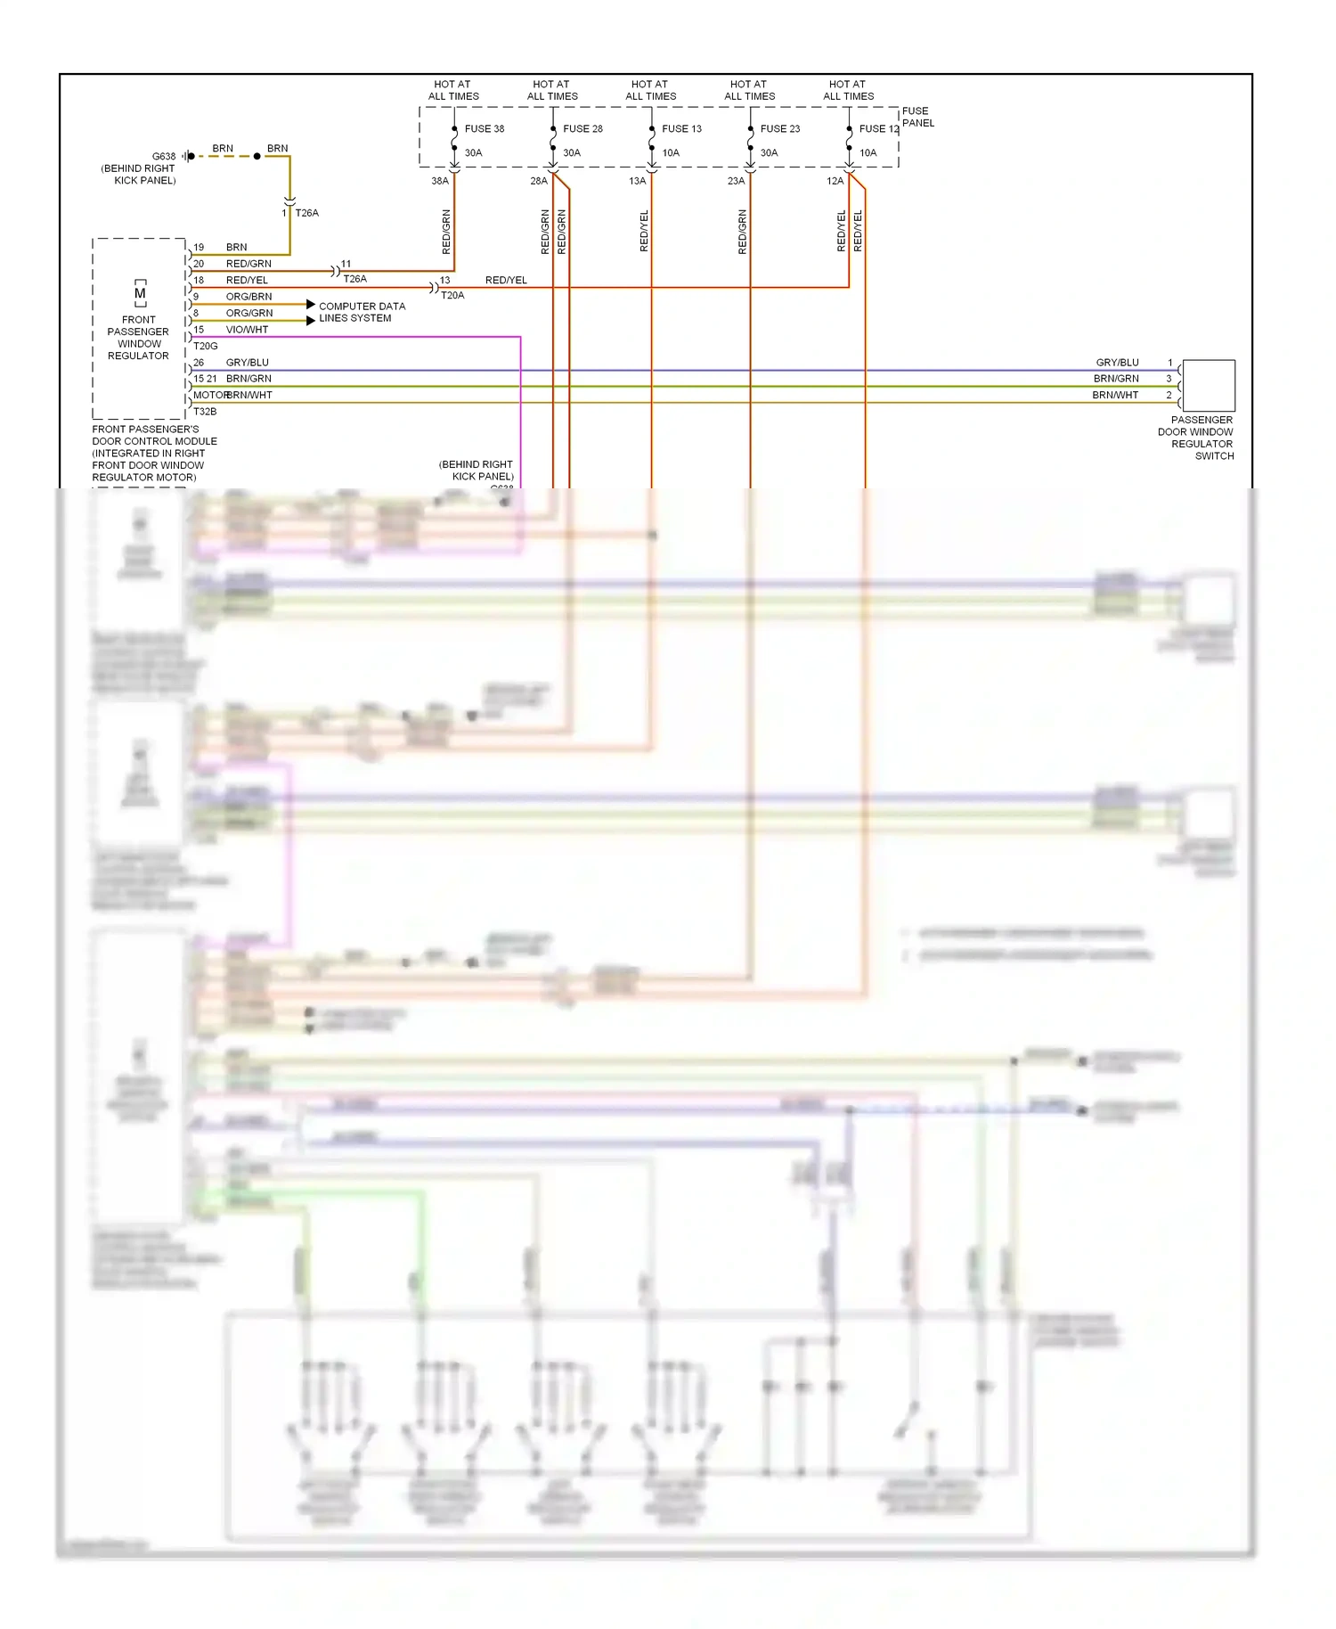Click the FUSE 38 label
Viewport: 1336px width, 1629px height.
coord(485,128)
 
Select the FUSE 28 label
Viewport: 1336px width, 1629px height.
coord(582,128)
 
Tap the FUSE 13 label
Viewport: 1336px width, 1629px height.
coord(681,128)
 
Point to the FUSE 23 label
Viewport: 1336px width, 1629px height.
coord(780,128)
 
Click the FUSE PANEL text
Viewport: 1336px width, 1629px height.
coord(917,117)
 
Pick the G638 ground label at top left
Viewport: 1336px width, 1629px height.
coord(164,156)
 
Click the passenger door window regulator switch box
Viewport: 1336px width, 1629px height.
coord(1209,386)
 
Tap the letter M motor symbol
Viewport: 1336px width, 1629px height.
coord(140,293)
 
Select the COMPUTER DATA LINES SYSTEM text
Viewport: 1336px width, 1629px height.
coord(362,312)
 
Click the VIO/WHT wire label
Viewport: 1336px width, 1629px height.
coord(247,330)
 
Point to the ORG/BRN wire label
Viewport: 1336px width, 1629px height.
coord(248,297)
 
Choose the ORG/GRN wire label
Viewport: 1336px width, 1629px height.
coord(249,313)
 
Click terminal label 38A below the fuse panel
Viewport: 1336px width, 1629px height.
coord(440,181)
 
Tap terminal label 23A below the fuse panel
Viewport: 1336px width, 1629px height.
coord(736,181)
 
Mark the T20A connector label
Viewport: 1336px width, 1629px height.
coord(452,295)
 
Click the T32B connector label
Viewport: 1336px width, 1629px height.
coord(205,412)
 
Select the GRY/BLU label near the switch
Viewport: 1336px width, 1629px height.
coord(1117,363)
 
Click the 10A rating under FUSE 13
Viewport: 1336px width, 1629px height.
coord(671,152)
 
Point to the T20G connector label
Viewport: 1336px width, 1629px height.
coord(206,346)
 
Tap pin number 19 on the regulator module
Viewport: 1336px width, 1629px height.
coord(199,247)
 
